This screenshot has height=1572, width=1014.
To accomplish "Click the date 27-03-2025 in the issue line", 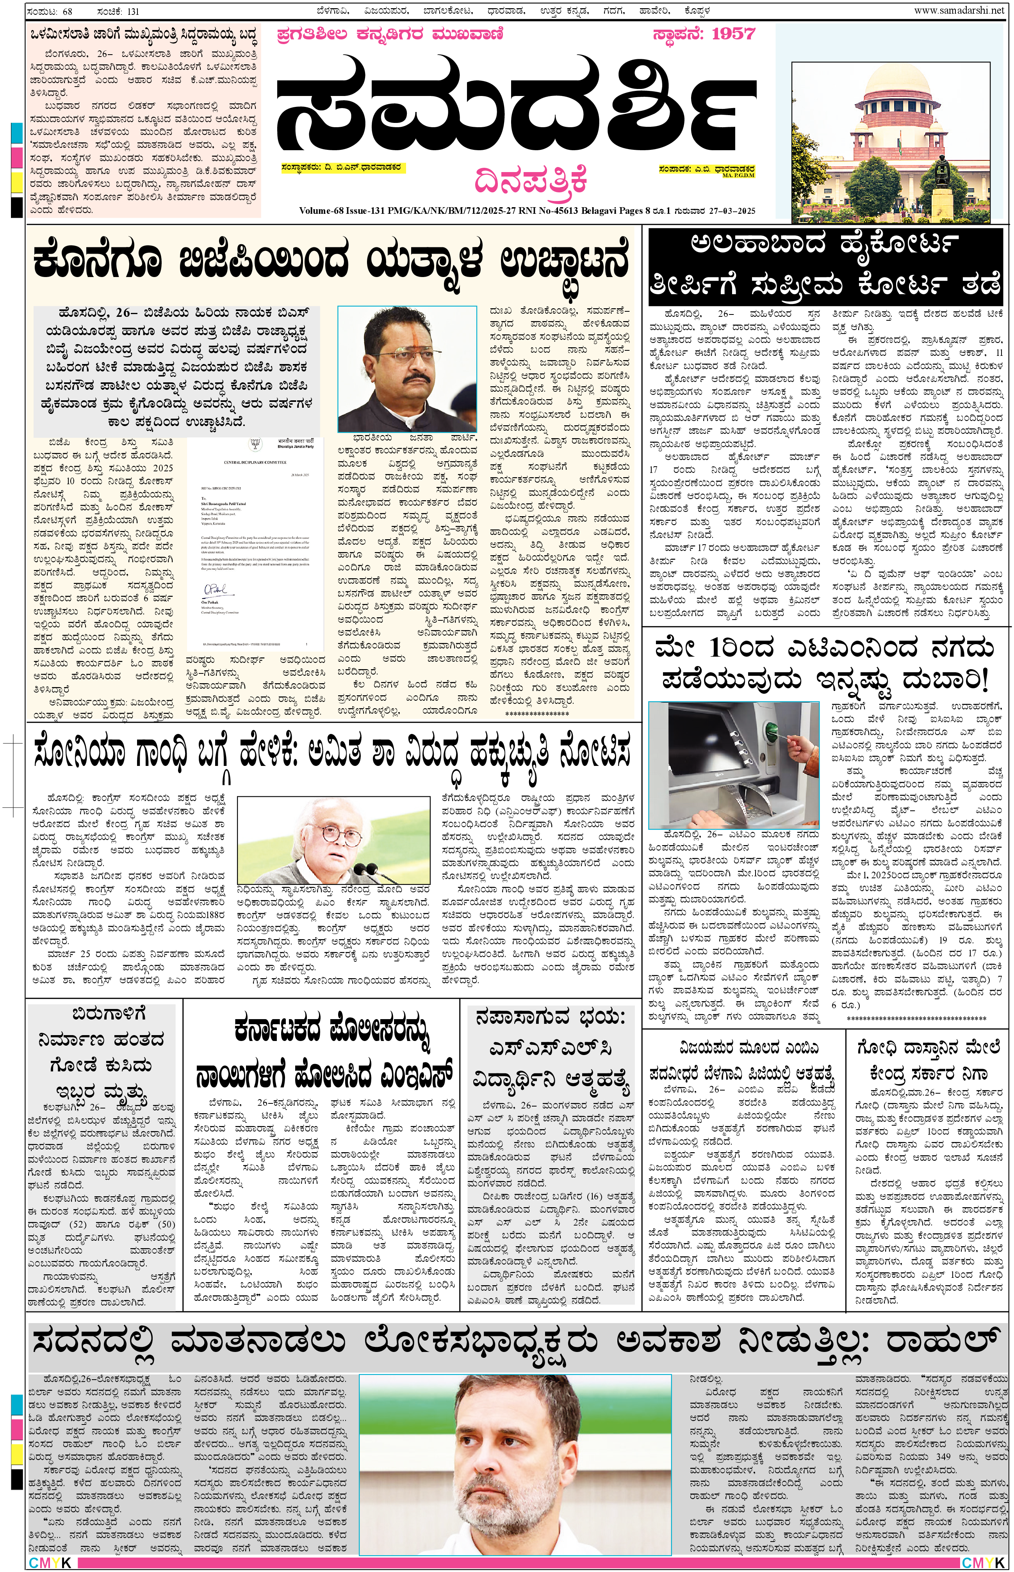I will point(732,211).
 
